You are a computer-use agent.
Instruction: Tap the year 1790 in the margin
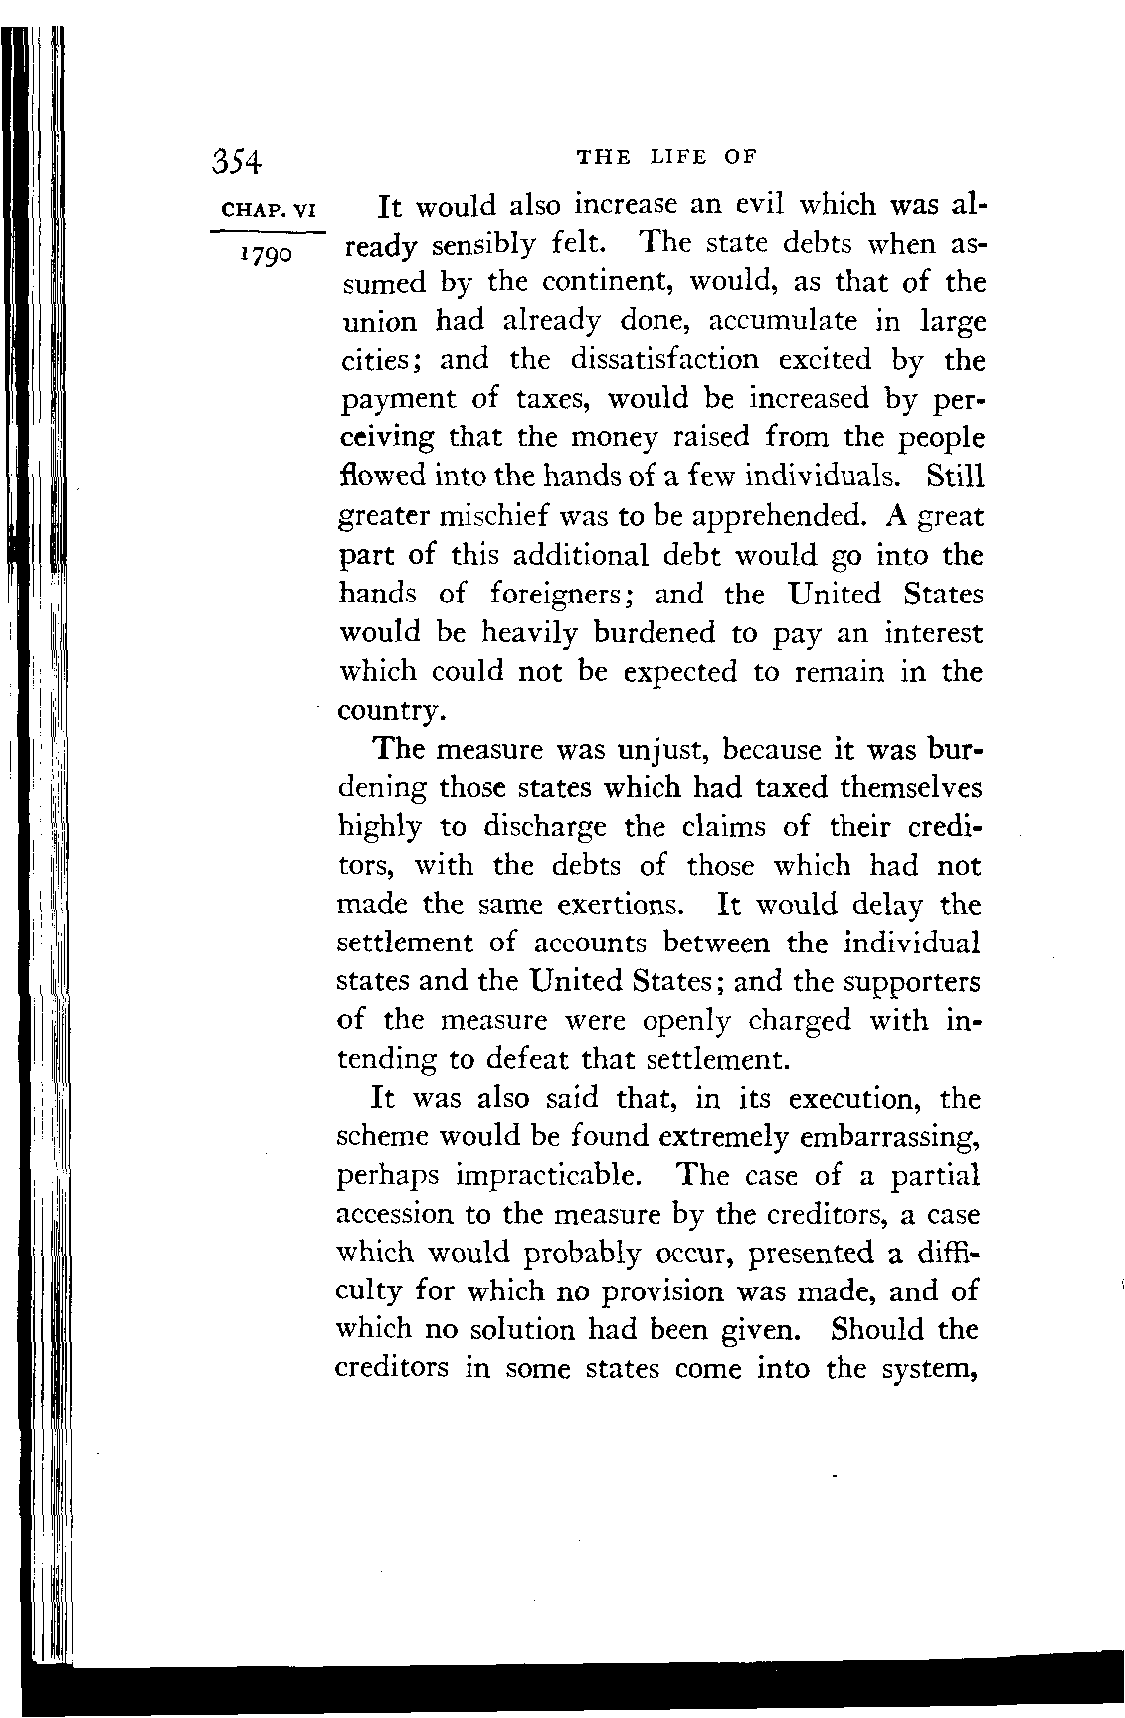[x=264, y=256]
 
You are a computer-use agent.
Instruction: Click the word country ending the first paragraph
[x=389, y=712]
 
